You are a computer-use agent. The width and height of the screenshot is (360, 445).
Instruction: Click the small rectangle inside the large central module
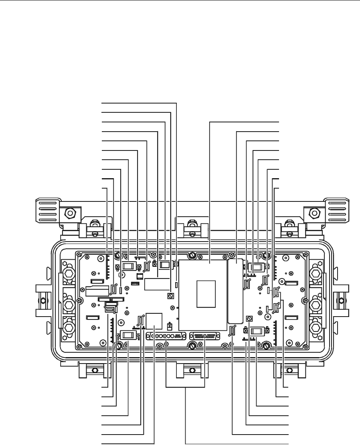click(207, 294)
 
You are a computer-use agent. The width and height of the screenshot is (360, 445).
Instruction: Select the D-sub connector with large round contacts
click(166, 336)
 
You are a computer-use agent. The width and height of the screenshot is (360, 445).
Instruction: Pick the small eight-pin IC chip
click(140, 276)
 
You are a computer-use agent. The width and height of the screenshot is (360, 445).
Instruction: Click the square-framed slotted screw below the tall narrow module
click(249, 319)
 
